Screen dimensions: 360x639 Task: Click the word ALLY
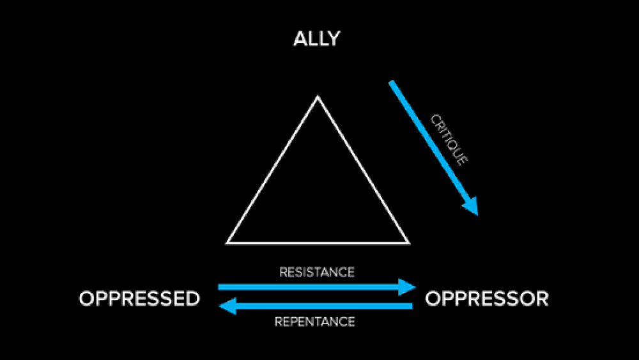click(316, 39)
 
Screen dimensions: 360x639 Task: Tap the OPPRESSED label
click(139, 299)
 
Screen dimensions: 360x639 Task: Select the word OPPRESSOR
click(486, 299)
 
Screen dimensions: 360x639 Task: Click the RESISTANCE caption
click(317, 272)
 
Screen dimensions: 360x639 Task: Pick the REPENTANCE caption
click(315, 322)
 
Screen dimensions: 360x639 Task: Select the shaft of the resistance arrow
click(307, 287)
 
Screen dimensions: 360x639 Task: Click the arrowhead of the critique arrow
click(472, 206)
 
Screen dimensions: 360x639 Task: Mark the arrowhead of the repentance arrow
click(227, 307)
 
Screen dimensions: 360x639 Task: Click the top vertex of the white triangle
click(318, 97)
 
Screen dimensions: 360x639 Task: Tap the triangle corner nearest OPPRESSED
click(228, 242)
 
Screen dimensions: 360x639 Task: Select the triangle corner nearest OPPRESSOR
click(407, 242)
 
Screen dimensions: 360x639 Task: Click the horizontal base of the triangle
click(318, 243)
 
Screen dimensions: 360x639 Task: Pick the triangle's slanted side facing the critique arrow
click(362, 169)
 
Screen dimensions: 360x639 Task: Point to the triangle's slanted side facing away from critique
click(273, 169)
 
